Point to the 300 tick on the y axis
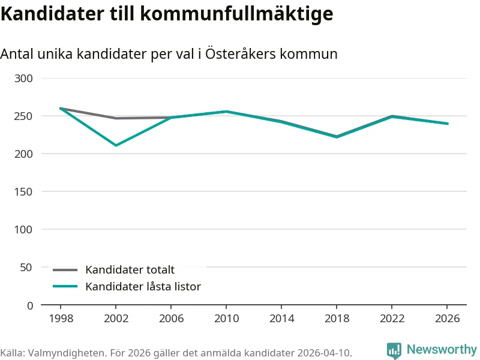(x=24, y=78)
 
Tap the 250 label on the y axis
(x=24, y=116)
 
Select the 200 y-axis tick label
(x=24, y=154)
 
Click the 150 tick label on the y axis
(x=24, y=191)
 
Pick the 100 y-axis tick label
(x=24, y=229)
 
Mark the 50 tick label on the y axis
(x=27, y=267)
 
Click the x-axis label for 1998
(x=61, y=318)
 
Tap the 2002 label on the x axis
(x=116, y=318)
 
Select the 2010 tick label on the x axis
(x=226, y=318)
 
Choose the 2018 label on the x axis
(x=337, y=318)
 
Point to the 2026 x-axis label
(x=447, y=318)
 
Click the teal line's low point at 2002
(x=116, y=145)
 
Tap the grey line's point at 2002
(x=116, y=118)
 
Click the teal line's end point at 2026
(x=447, y=124)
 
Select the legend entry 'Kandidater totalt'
(x=130, y=270)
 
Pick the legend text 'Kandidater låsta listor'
(x=143, y=287)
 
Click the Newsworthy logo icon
(x=394, y=350)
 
